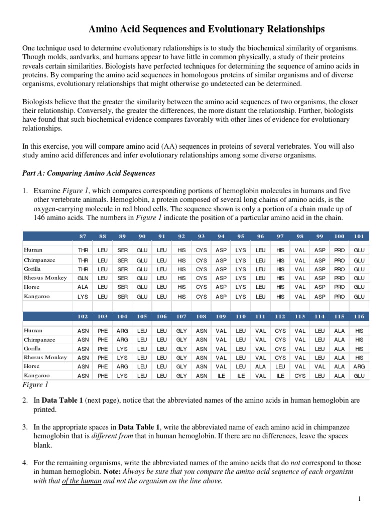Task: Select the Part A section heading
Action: pyautogui.click(x=89, y=173)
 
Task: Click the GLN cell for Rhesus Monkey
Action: pyautogui.click(x=83, y=278)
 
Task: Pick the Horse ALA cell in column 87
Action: pyautogui.click(x=83, y=287)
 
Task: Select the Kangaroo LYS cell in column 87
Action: pyautogui.click(x=83, y=296)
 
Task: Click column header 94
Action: pyautogui.click(x=221, y=236)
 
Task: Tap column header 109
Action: pyautogui.click(x=221, y=316)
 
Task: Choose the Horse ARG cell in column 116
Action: pyautogui.click(x=359, y=366)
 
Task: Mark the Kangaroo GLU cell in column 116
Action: pyautogui.click(x=359, y=376)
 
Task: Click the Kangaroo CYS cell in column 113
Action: pyautogui.click(x=300, y=376)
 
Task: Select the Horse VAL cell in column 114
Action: pyautogui.click(x=320, y=366)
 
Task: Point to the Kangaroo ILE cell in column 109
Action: pyautogui.click(x=221, y=376)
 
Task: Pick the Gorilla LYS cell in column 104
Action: pyautogui.click(x=122, y=348)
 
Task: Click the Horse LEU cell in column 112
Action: pyautogui.click(x=280, y=366)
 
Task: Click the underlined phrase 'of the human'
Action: pyautogui.click(x=83, y=482)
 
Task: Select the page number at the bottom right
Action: pyautogui.click(x=359, y=499)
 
